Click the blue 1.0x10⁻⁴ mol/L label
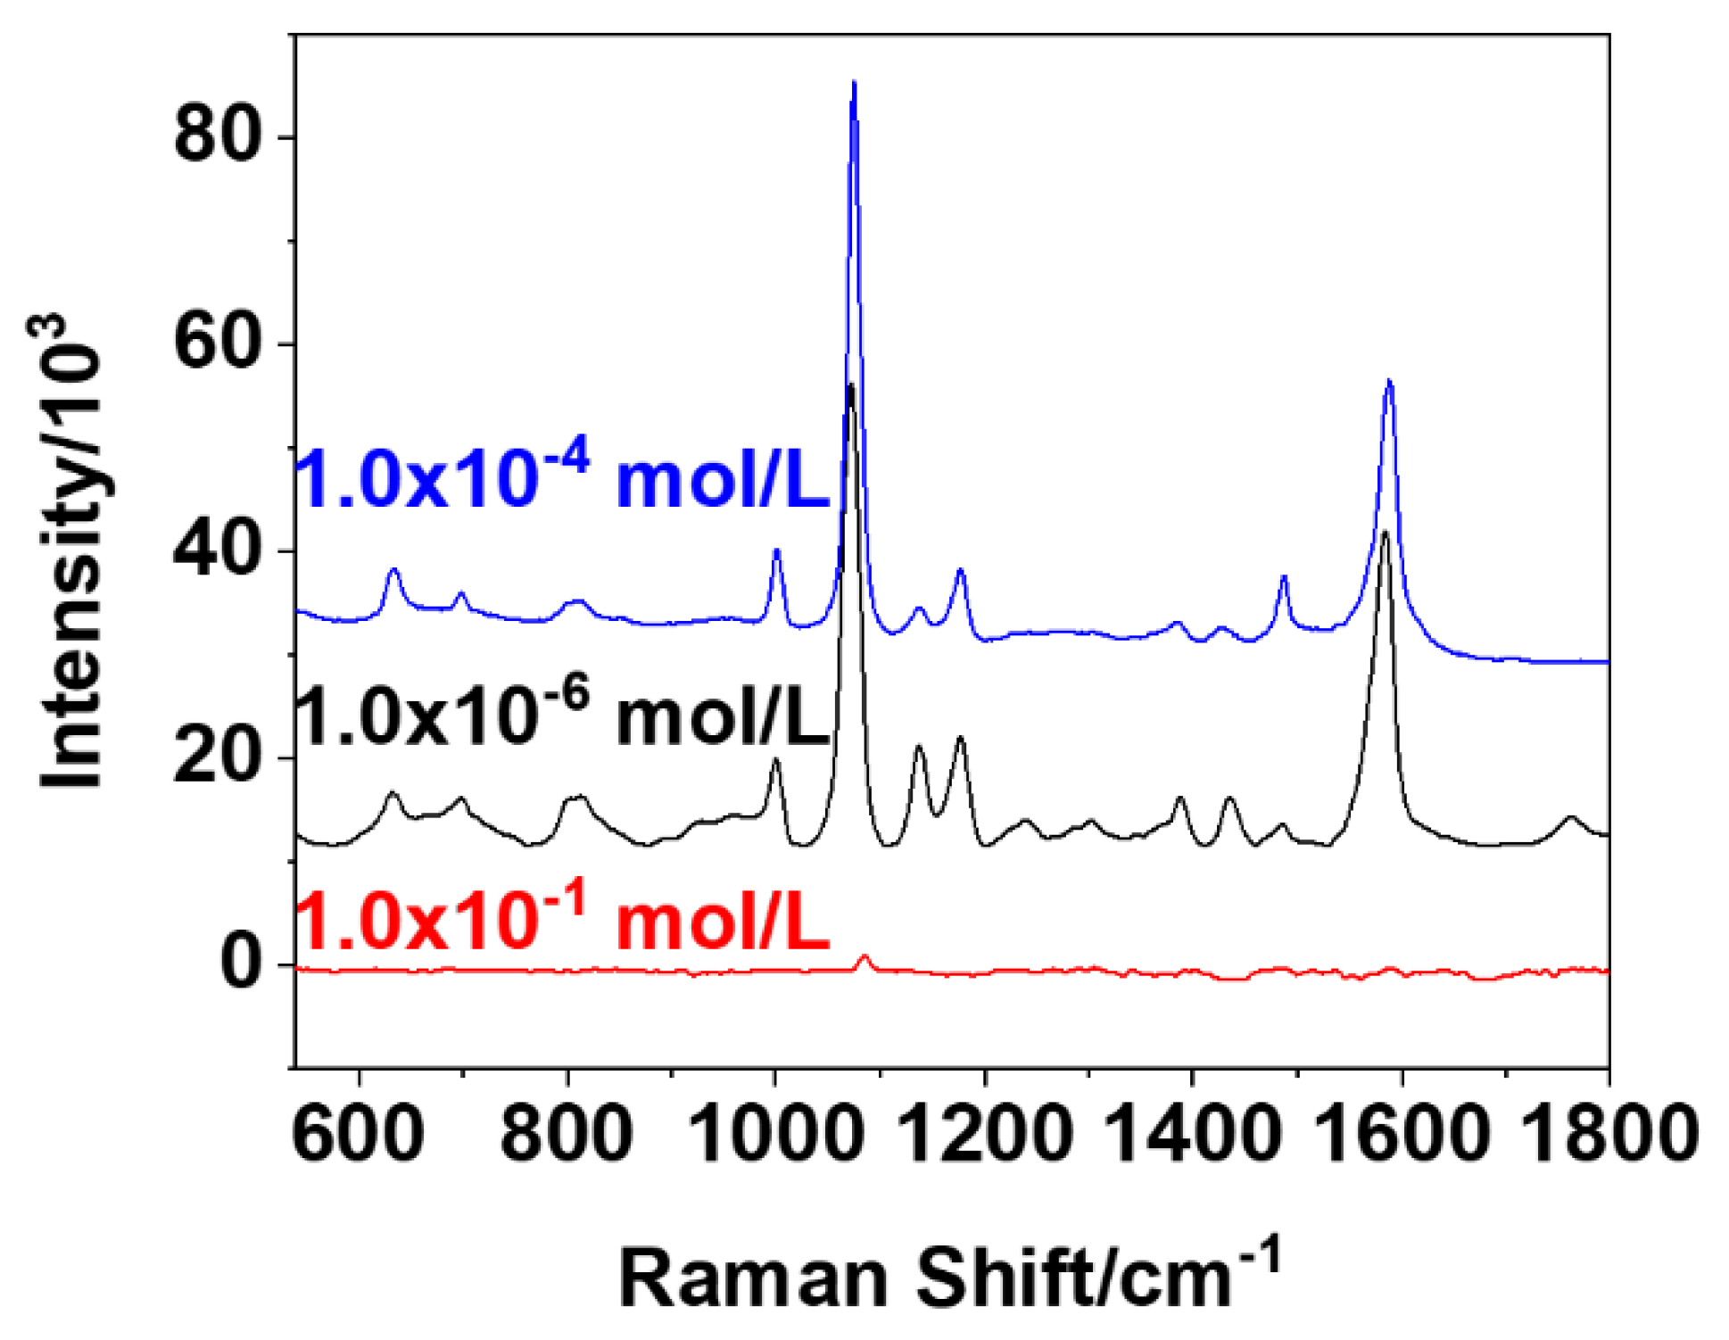point(563,477)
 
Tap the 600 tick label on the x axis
point(359,1133)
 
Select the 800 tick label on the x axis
point(567,1133)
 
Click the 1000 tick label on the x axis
point(775,1133)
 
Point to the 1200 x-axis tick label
point(984,1133)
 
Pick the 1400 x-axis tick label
point(1193,1133)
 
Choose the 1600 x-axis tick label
point(1402,1133)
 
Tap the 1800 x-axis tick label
point(1609,1133)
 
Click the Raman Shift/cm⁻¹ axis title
point(950,1277)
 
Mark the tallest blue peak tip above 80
point(854,83)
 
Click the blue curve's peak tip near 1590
point(1389,382)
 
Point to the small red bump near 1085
point(864,957)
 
